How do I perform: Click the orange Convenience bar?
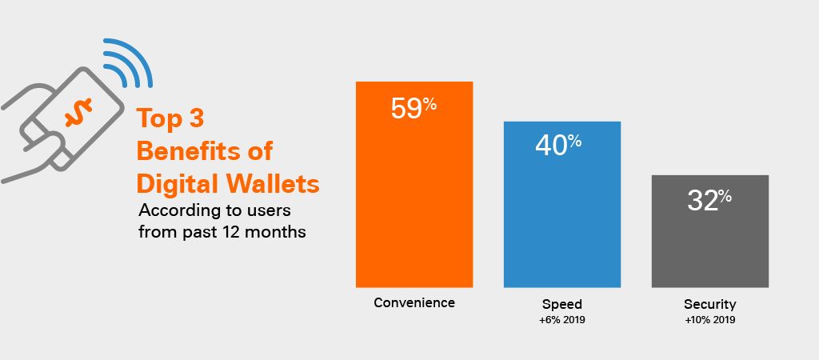pyautogui.click(x=414, y=185)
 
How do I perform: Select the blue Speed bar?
pyautogui.click(x=562, y=204)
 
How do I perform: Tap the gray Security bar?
pyautogui.click(x=710, y=231)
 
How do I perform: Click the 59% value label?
pyautogui.click(x=413, y=108)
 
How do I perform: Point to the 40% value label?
pyautogui.click(x=558, y=145)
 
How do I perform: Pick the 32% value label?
pyautogui.click(x=709, y=200)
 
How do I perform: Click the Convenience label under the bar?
pyautogui.click(x=414, y=302)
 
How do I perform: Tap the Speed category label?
pyautogui.click(x=562, y=304)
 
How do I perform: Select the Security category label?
pyautogui.click(x=710, y=304)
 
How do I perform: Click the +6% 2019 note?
pyautogui.click(x=562, y=320)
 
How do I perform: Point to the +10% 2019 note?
pyautogui.click(x=710, y=320)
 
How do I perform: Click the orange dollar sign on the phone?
pyautogui.click(x=78, y=112)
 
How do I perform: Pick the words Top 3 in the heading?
pyautogui.click(x=170, y=118)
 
